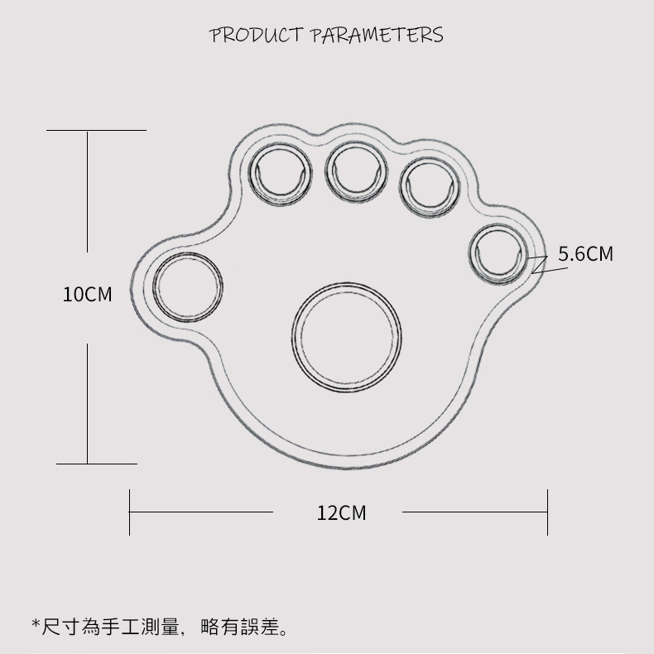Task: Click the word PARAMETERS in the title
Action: pos(377,36)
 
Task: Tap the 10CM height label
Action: pos(88,294)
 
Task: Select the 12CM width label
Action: pos(341,513)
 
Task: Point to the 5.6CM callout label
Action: pos(586,254)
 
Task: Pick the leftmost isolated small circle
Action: pos(189,286)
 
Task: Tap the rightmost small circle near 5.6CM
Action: pos(499,253)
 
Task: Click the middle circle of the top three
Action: pos(357,172)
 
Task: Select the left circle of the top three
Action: pos(281,172)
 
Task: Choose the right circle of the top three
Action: pos(430,186)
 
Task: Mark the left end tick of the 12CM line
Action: pos(130,512)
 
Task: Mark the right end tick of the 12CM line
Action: pos(547,512)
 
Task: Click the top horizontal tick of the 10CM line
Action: pos(96,130)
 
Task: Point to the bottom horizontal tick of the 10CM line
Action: pos(96,464)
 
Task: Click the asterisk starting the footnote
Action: pos(36,623)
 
